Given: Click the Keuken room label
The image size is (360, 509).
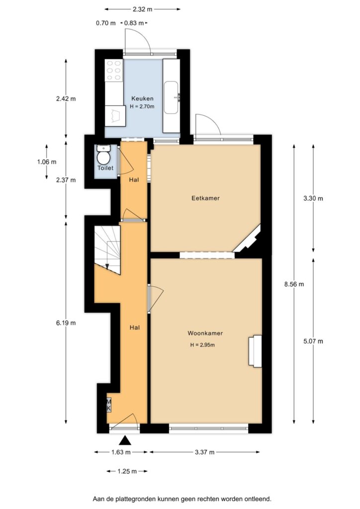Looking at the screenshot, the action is click(142, 98).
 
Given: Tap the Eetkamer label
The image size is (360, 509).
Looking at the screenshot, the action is click(205, 198).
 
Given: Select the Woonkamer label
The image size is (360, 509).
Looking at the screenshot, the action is click(205, 333).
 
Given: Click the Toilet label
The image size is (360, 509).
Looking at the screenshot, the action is click(105, 168).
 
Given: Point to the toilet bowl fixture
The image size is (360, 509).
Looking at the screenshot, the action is click(104, 155).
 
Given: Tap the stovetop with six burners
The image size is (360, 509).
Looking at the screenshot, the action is click(114, 70).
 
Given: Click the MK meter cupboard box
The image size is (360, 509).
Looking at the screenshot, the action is click(109, 405).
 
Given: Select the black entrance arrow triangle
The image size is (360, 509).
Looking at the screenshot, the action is click(125, 440).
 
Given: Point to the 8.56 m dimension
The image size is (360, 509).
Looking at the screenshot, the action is click(294, 284).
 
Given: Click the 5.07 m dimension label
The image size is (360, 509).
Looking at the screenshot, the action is click(313, 341).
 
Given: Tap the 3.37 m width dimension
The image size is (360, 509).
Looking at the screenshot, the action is click(204, 452).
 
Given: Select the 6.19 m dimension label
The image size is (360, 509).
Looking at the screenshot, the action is click(66, 323).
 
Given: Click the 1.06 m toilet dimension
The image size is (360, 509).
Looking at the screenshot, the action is click(47, 162).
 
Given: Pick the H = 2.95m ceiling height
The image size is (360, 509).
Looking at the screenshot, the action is click(202, 345).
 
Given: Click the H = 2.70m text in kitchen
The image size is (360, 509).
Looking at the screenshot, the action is click(142, 106).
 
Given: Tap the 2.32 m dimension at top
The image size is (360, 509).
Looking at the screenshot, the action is click(143, 9).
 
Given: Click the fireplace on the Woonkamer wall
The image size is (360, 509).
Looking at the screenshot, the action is click(255, 351).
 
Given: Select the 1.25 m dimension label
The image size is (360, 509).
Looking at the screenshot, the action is click(127, 471).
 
